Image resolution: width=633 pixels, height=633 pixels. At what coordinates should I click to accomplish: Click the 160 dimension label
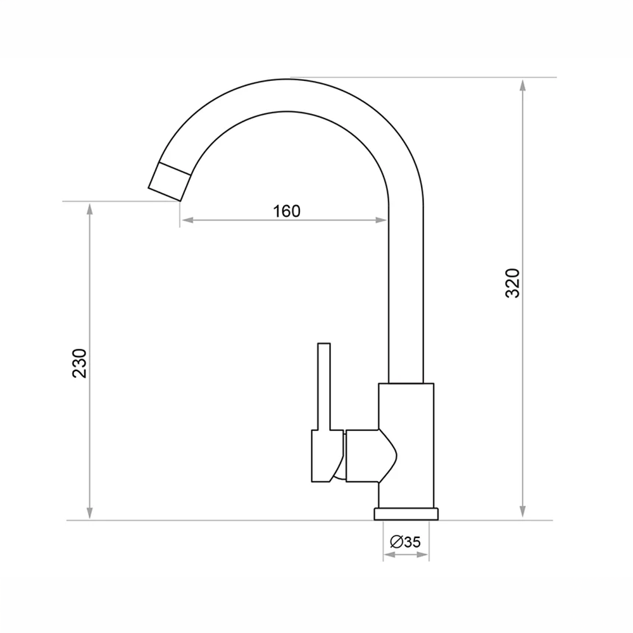coord(287,211)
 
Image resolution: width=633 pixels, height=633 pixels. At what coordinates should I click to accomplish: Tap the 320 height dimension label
coord(513,283)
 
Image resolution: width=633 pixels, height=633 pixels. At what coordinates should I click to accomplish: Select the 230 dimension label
coord(80,363)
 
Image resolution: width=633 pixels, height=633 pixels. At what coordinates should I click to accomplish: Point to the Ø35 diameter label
coord(405,541)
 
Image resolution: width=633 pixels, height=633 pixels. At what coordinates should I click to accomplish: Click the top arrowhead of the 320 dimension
coord(523,85)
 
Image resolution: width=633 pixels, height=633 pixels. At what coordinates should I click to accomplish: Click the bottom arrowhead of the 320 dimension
coord(523,511)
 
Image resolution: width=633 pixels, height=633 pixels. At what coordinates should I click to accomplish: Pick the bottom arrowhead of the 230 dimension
coord(90,513)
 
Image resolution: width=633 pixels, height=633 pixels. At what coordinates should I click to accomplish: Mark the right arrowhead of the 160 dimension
coord(380,220)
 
